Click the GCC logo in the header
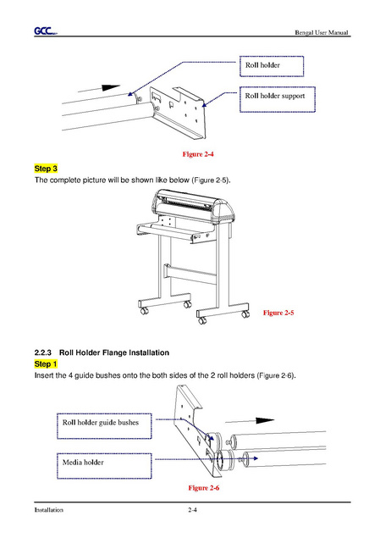point(46,31)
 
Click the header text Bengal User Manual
point(322,32)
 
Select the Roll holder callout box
point(272,66)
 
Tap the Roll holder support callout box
point(278,99)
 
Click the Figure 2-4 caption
point(198,154)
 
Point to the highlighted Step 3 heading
point(46,169)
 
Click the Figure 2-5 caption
point(278,313)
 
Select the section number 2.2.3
point(43,352)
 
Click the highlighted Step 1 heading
point(46,364)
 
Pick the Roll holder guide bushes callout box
point(104,426)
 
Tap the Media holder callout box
point(104,466)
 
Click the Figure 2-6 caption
point(204,487)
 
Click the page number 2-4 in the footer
point(192,509)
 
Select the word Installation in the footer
point(48,510)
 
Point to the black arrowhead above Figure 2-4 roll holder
point(111,87)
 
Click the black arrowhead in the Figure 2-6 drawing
point(265,420)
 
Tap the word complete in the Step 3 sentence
point(65,180)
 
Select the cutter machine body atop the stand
point(194,207)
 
